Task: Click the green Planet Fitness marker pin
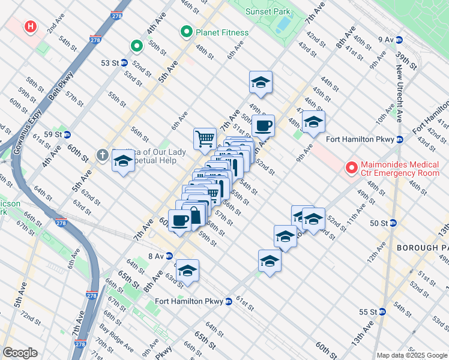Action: point(187,32)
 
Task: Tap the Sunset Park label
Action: point(268,11)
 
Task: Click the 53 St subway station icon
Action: point(124,62)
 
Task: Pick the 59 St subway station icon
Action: point(67,134)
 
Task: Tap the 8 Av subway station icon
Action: point(170,256)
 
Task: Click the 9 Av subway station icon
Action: point(399,40)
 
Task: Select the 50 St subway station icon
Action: point(393,223)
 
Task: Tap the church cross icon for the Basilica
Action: point(103,155)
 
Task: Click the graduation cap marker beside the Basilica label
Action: point(123,162)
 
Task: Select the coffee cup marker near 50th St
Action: point(263,126)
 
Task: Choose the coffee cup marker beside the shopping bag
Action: point(180,220)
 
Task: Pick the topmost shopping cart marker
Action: point(205,139)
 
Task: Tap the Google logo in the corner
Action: point(20,353)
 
